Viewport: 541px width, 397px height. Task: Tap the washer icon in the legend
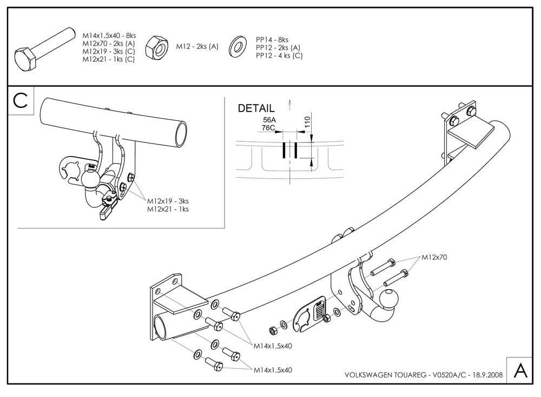point(239,47)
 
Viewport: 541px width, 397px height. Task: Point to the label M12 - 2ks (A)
point(197,47)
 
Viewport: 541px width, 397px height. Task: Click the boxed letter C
point(21,100)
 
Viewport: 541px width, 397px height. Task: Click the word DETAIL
point(256,108)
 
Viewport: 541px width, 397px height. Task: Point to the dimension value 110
point(307,122)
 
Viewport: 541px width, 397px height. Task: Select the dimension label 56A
point(269,121)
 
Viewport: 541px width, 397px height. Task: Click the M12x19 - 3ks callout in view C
point(168,201)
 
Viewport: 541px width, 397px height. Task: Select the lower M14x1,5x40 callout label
point(273,370)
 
